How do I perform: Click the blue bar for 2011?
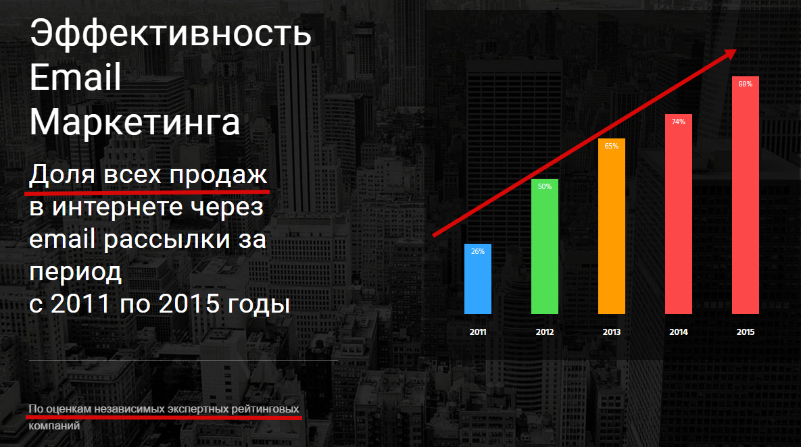click(478, 279)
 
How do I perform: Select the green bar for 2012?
click(545, 246)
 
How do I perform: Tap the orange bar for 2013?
click(612, 226)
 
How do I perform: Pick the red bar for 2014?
click(679, 214)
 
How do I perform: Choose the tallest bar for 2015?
click(746, 195)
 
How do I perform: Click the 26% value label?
click(478, 252)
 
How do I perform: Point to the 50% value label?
click(545, 187)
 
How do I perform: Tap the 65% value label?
click(612, 146)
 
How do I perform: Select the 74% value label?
click(679, 122)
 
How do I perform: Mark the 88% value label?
click(746, 84)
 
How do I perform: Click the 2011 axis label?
click(478, 332)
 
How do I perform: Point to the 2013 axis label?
click(612, 332)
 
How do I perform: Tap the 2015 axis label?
click(746, 332)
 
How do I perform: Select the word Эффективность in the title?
click(170, 33)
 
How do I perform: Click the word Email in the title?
click(75, 77)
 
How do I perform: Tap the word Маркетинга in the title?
click(135, 122)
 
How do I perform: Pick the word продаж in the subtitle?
click(218, 174)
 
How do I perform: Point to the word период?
click(76, 273)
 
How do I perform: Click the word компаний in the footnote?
click(54, 425)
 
